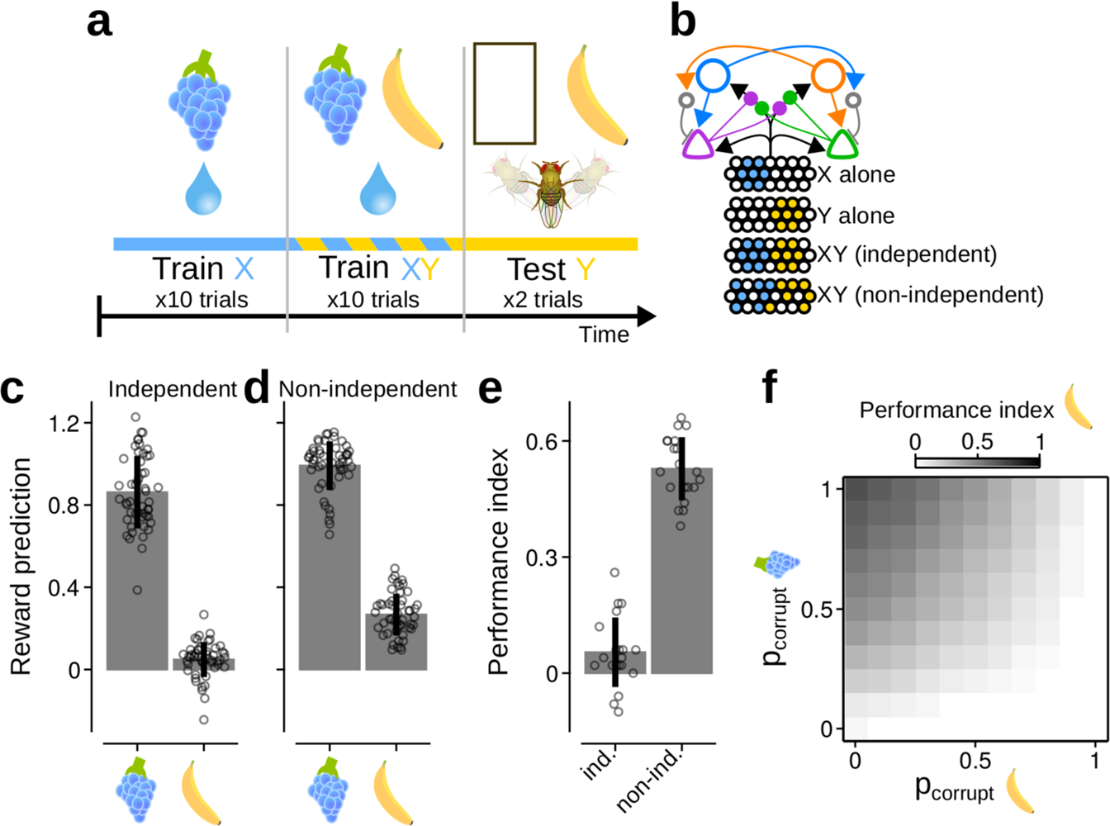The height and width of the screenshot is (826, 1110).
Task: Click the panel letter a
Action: click(99, 21)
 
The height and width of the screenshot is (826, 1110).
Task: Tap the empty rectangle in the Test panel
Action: click(505, 93)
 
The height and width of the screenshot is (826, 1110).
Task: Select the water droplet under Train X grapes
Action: click(203, 189)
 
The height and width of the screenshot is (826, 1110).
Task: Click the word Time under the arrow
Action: click(604, 335)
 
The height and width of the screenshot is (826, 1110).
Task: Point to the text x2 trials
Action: click(543, 299)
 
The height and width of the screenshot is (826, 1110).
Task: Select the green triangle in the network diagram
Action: click(844, 145)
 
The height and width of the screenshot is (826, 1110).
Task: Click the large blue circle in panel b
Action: click(714, 75)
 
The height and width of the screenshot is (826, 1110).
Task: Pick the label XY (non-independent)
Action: click(931, 294)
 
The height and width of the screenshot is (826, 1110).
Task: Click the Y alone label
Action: click(856, 216)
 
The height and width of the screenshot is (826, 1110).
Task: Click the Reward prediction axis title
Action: click(21, 567)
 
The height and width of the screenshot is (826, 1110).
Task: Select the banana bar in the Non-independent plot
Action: click(396, 642)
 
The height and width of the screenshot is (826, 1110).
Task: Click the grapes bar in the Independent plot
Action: click(137, 581)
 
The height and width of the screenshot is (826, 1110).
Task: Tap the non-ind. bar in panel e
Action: click(681, 571)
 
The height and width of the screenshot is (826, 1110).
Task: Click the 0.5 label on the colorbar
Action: click(977, 441)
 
